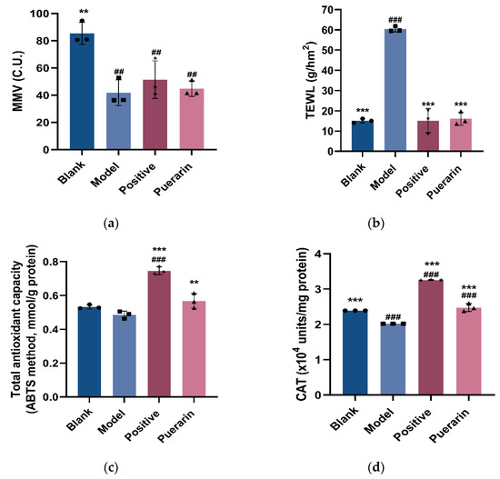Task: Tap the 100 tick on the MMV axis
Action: click(x=37, y=15)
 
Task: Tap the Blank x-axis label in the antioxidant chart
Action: click(x=83, y=421)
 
